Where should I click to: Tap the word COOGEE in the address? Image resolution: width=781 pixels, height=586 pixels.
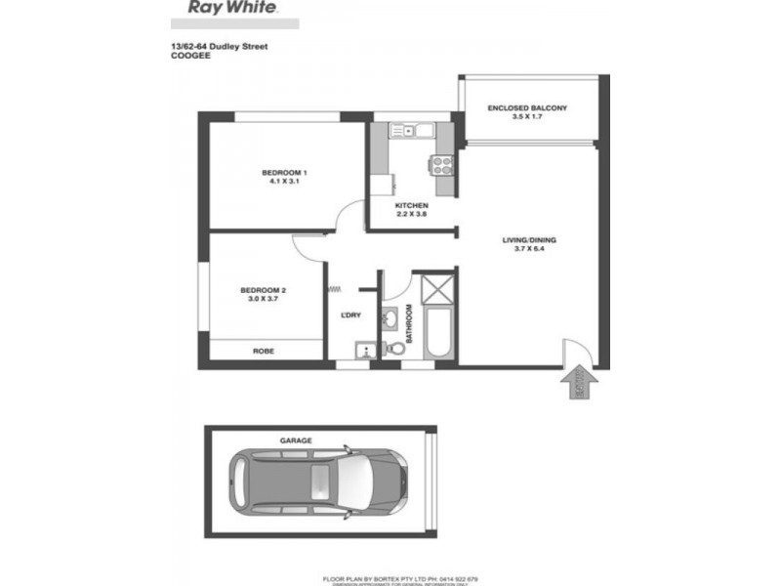(x=187, y=56)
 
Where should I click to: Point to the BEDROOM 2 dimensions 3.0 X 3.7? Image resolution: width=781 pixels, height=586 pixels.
(x=263, y=300)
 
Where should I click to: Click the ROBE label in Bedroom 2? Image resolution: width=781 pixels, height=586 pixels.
(x=263, y=351)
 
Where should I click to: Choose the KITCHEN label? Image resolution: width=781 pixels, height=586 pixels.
(x=411, y=205)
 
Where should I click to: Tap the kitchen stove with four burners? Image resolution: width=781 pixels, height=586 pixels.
(x=442, y=165)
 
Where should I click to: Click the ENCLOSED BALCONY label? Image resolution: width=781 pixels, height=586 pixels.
(x=528, y=108)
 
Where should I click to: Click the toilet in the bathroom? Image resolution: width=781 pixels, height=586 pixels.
(x=398, y=348)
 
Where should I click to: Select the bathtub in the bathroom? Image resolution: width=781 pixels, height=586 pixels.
(x=435, y=333)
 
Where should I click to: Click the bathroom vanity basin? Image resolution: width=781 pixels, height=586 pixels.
(x=391, y=317)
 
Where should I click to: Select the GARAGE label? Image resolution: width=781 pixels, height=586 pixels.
(x=297, y=440)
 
